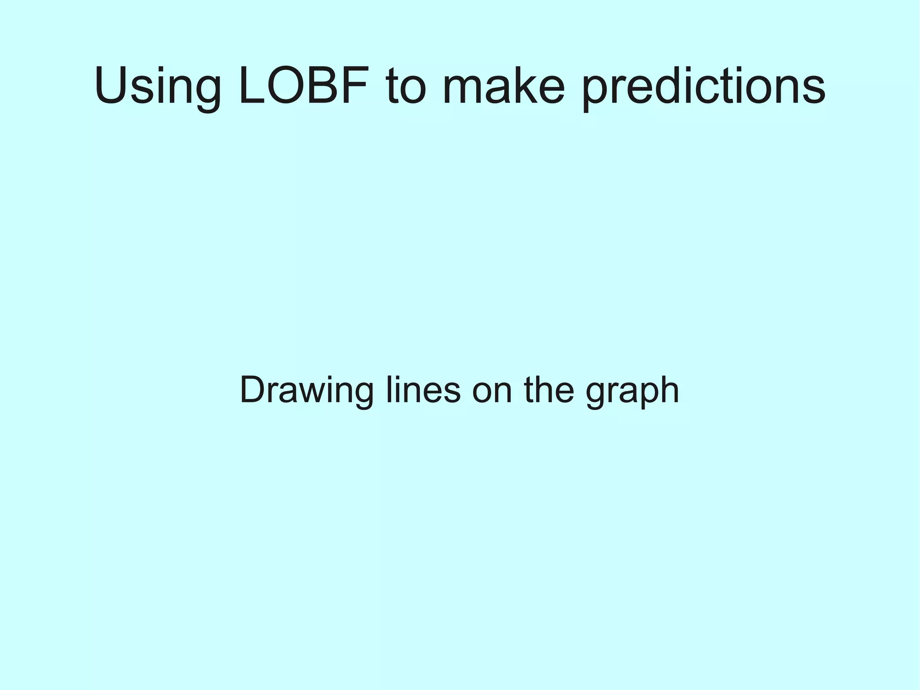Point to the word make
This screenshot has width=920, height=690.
tap(503, 86)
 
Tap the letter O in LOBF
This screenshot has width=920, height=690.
tap(292, 86)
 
